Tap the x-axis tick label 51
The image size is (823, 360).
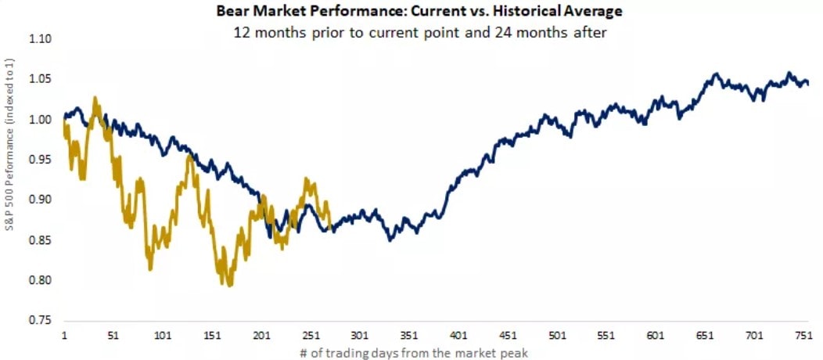coord(113,335)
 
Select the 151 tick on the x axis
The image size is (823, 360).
coord(212,335)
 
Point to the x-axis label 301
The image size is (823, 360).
coord(360,335)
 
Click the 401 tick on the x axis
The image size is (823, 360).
coord(458,335)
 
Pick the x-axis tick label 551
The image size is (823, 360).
coord(606,335)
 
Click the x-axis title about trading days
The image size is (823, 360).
coord(414,353)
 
